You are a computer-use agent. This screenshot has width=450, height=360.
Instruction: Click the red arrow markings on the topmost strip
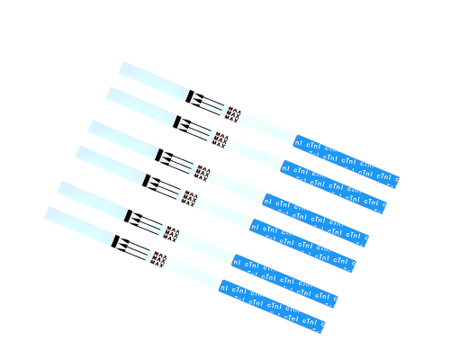coord(232,113)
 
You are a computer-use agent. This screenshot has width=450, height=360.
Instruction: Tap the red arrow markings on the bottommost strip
coord(157,259)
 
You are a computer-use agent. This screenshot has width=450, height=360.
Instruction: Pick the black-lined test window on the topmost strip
coord(210,104)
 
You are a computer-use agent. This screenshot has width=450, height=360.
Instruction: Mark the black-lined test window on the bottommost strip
coord(135,249)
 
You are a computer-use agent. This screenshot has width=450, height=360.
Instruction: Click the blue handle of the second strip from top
coord(334,186)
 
